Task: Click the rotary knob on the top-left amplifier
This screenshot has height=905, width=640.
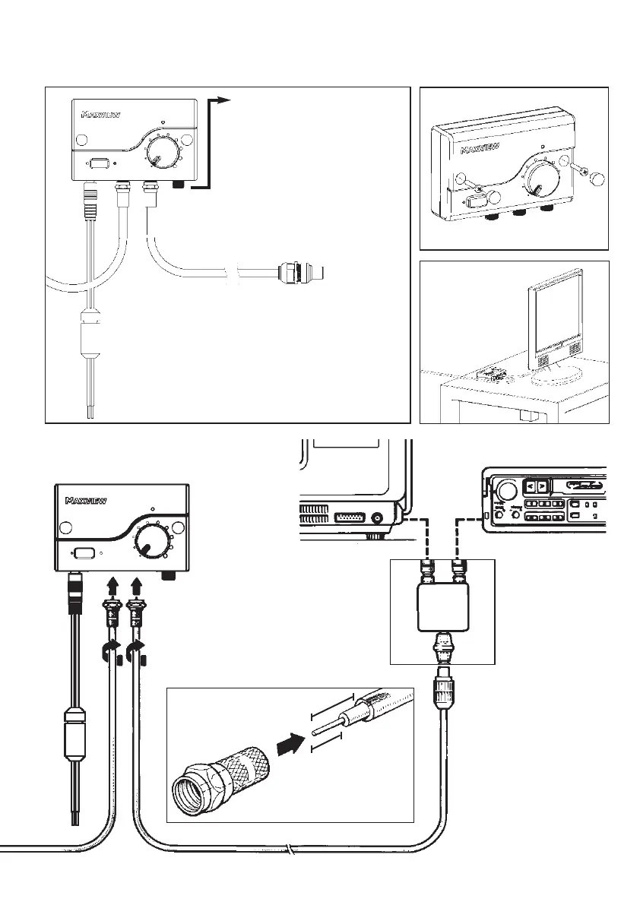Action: click(159, 148)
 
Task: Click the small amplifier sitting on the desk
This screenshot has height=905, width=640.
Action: click(491, 374)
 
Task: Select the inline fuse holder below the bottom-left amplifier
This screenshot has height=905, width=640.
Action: click(76, 734)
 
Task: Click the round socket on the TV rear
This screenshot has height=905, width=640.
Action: click(379, 519)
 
